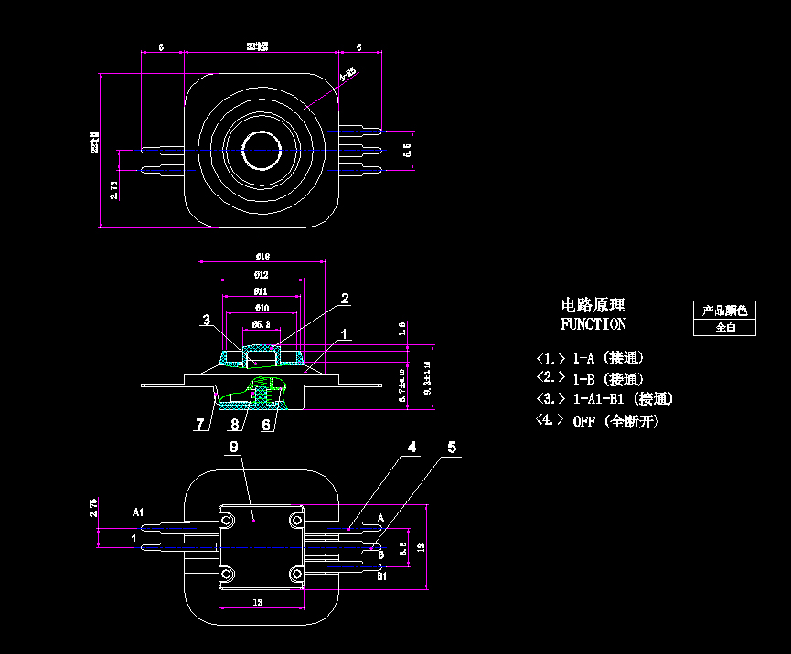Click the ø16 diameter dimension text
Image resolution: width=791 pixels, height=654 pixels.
tap(262, 257)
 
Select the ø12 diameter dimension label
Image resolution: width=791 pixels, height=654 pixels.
tap(262, 274)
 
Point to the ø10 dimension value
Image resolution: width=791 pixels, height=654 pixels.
tap(262, 307)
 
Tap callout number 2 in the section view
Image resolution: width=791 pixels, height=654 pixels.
tap(345, 298)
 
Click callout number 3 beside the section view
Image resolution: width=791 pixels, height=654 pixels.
tap(208, 320)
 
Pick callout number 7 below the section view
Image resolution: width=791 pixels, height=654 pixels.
tap(199, 424)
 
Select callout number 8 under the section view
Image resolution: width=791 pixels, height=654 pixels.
tap(235, 424)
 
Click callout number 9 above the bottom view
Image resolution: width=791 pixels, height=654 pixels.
tap(233, 447)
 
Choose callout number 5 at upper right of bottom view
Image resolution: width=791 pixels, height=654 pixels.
tap(452, 447)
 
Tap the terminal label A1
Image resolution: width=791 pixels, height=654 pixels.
tap(138, 512)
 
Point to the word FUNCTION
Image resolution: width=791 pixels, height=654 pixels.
tap(593, 324)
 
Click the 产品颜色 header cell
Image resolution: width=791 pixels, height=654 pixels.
tap(724, 311)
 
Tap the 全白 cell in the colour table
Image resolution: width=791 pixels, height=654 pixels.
tap(724, 327)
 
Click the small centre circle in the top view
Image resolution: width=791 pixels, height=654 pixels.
tap(262, 150)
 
